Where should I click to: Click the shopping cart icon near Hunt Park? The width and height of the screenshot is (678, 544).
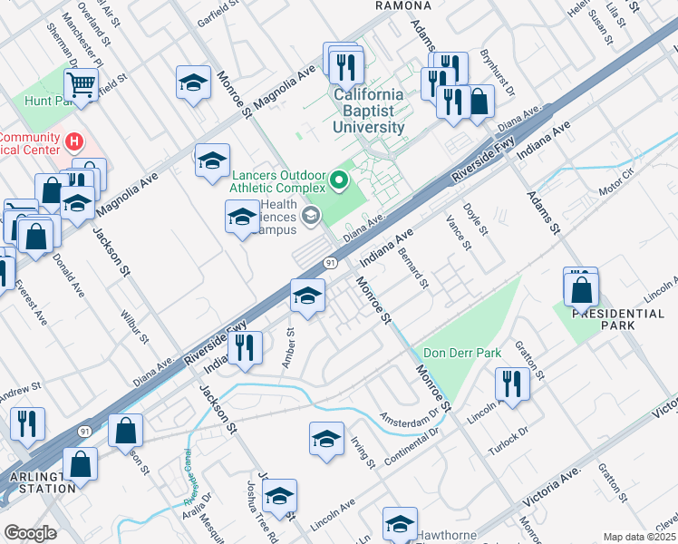pos(82,85)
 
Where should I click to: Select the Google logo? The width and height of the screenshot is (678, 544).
pos(30,533)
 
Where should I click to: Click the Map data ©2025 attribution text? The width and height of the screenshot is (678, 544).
pos(639,537)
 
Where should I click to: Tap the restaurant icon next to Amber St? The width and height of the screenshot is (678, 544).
pos(245,347)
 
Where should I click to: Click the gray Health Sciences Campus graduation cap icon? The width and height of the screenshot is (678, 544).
pos(311,215)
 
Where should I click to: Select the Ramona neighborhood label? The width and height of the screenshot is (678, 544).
pos(402,5)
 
